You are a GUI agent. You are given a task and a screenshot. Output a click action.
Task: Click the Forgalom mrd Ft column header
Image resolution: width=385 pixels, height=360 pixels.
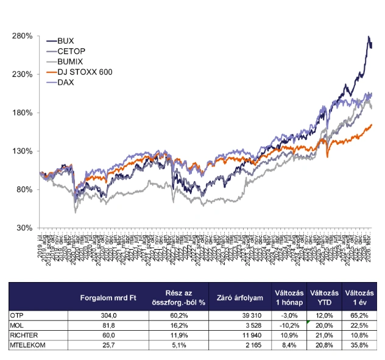[108, 298]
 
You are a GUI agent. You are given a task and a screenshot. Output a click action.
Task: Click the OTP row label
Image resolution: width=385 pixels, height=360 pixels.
[18, 315]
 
